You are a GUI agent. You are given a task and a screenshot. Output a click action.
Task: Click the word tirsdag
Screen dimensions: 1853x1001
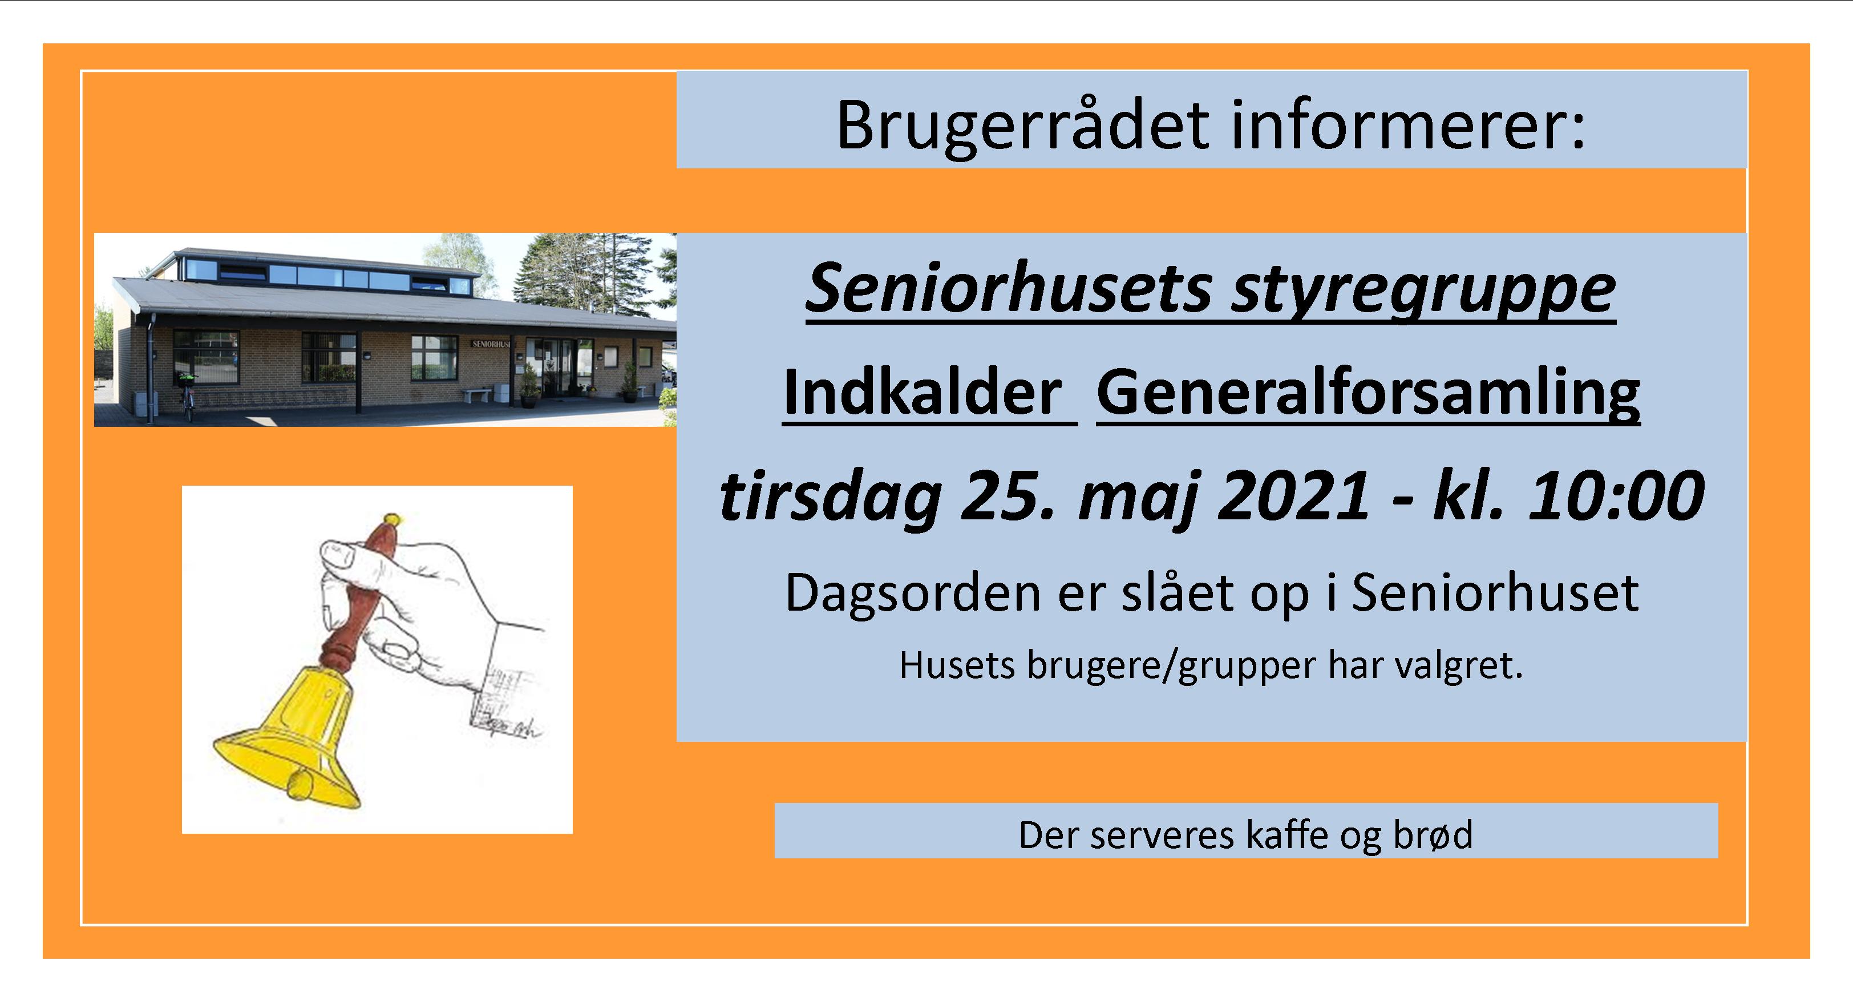click(831, 497)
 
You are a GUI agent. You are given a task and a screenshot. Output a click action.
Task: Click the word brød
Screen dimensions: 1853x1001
click(1433, 835)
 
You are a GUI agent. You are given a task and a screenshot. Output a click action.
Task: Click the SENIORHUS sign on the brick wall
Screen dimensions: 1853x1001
click(491, 344)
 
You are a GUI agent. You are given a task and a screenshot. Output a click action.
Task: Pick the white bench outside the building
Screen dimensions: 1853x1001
click(478, 394)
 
